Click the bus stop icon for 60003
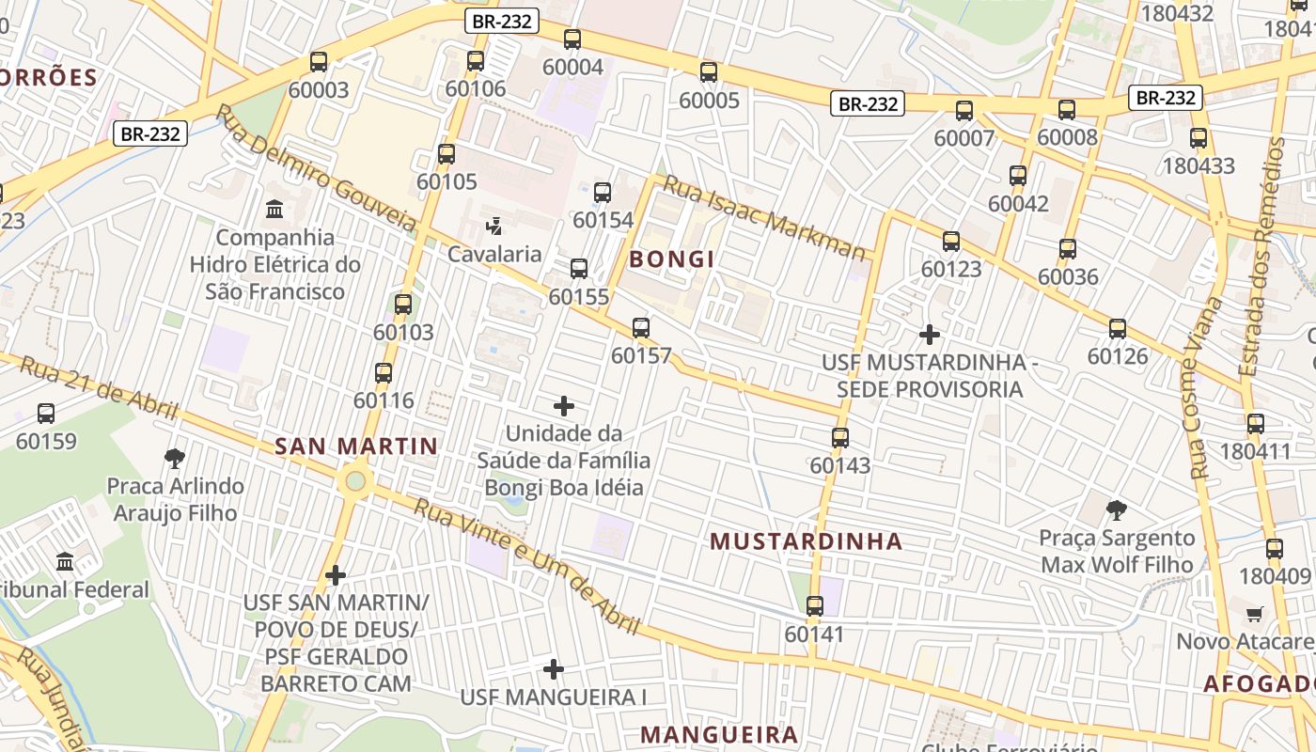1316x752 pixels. point(319,62)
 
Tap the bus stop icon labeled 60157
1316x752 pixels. point(641,328)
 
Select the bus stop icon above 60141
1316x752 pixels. point(815,606)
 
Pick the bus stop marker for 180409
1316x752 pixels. point(1274,549)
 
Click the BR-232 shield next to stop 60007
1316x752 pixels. point(867,103)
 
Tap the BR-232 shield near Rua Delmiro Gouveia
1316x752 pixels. point(150,133)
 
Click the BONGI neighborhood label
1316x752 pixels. point(672,259)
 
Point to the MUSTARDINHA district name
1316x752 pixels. point(806,541)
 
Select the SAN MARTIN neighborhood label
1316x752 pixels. point(356,446)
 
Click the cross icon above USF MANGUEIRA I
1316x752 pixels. point(554,669)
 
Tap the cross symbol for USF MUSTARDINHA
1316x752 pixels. point(930,334)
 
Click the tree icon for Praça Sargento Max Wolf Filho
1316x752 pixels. point(1117,510)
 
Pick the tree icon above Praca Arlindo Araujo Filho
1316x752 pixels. point(174,459)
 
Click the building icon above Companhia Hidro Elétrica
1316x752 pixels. point(274,209)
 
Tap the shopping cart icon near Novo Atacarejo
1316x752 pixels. point(1254,615)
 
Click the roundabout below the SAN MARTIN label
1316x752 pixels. point(354,482)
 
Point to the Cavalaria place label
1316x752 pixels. point(494,254)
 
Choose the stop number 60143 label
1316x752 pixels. point(840,465)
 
